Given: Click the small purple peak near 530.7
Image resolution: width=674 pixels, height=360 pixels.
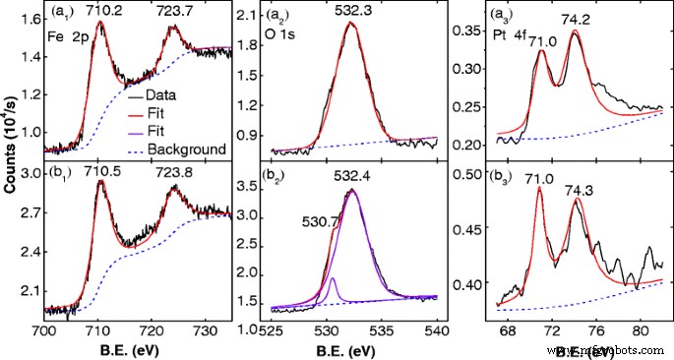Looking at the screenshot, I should click(x=333, y=282).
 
